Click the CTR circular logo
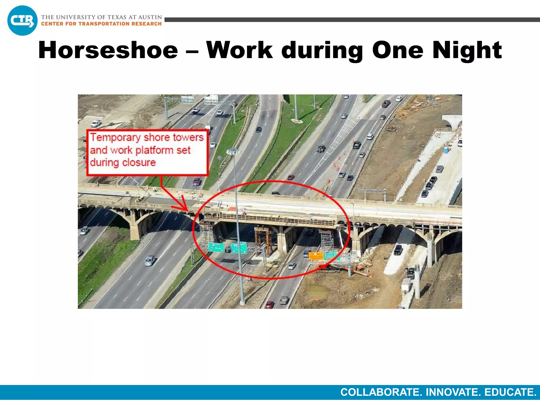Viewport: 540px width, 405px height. [22, 21]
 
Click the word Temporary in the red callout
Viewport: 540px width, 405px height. [115, 138]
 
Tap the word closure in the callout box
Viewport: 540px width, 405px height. [139, 162]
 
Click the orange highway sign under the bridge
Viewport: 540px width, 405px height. [316, 255]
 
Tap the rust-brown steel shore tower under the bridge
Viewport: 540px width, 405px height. [263, 240]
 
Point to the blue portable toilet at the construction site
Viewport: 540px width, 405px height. [446, 150]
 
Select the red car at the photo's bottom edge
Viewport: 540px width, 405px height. [269, 305]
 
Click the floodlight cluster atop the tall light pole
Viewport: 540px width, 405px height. [233, 152]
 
